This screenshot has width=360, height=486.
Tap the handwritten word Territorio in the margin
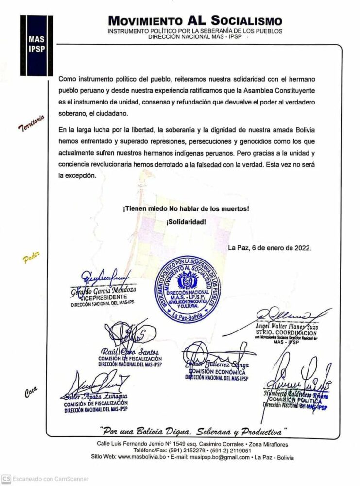pyautogui.click(x=32, y=123)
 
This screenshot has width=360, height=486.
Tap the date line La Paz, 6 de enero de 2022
pyautogui.click(x=270, y=248)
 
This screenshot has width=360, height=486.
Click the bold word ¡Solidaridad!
pyautogui.click(x=186, y=222)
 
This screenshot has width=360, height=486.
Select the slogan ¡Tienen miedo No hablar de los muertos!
pyautogui.click(x=186, y=209)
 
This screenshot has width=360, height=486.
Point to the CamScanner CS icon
pyautogui.click(x=5, y=479)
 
